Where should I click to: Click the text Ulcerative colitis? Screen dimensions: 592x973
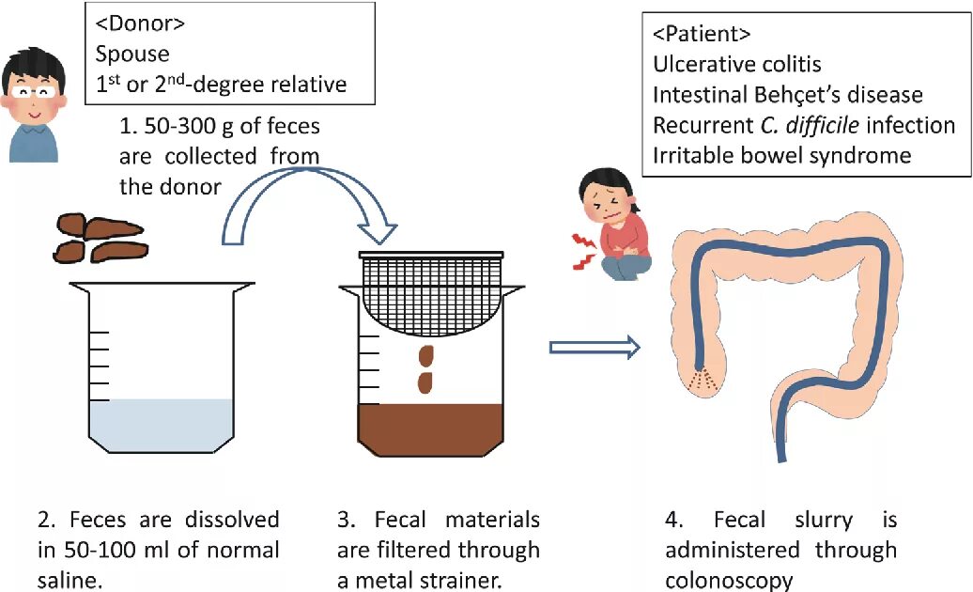737,65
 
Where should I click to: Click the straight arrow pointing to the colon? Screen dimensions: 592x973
594,348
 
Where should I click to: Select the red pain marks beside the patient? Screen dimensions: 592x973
584,253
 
